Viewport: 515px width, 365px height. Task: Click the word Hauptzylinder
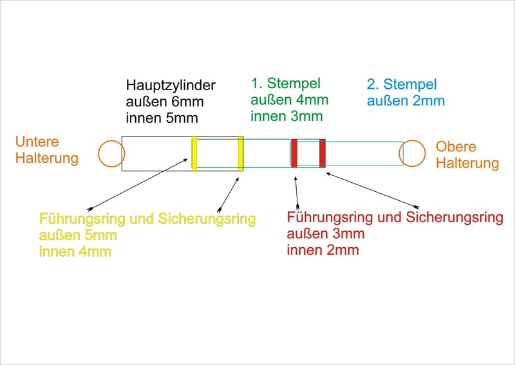171,86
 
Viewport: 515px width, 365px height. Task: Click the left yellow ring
194,153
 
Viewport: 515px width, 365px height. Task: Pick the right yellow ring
241,153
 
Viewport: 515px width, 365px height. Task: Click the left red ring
294,153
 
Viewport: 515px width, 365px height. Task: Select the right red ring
323,153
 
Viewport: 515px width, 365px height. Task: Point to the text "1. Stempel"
285,83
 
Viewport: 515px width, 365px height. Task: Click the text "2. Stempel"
402,84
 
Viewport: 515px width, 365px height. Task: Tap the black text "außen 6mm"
165,102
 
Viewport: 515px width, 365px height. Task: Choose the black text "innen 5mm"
162,118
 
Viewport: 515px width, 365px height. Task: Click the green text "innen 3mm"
286,116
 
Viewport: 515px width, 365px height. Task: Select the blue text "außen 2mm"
406,100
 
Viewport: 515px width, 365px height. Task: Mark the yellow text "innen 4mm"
75,252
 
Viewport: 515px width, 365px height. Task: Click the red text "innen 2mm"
323,250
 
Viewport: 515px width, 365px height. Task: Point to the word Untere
37,142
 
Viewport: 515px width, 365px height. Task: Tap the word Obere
456,147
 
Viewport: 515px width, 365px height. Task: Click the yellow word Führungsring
82,219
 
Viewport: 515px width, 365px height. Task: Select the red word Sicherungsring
454,217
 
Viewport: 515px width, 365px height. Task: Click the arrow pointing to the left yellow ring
138,184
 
